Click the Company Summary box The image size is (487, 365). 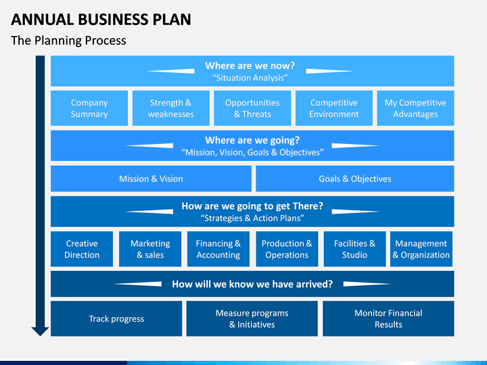coord(89,108)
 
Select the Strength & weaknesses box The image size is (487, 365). coord(171,108)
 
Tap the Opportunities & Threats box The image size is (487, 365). coord(252,108)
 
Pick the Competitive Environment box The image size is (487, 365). coord(334,108)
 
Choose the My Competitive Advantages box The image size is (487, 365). coord(415,108)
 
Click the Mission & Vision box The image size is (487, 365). coord(151,178)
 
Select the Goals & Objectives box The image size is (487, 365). coord(354,178)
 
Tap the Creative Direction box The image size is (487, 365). coord(82,249)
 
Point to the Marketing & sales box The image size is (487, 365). coord(150,249)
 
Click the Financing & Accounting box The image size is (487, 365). coord(218,249)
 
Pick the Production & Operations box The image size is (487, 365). coord(287,249)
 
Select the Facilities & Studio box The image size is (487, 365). coord(354,249)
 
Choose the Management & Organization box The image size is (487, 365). coord(421,249)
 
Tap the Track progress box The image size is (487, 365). coord(116,318)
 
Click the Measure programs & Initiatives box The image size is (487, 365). coord(252,318)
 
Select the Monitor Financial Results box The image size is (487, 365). coord(388,318)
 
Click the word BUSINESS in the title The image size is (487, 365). coord(113,20)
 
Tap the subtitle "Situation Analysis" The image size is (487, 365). coord(250,78)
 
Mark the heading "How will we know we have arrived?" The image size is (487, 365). coord(252,284)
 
